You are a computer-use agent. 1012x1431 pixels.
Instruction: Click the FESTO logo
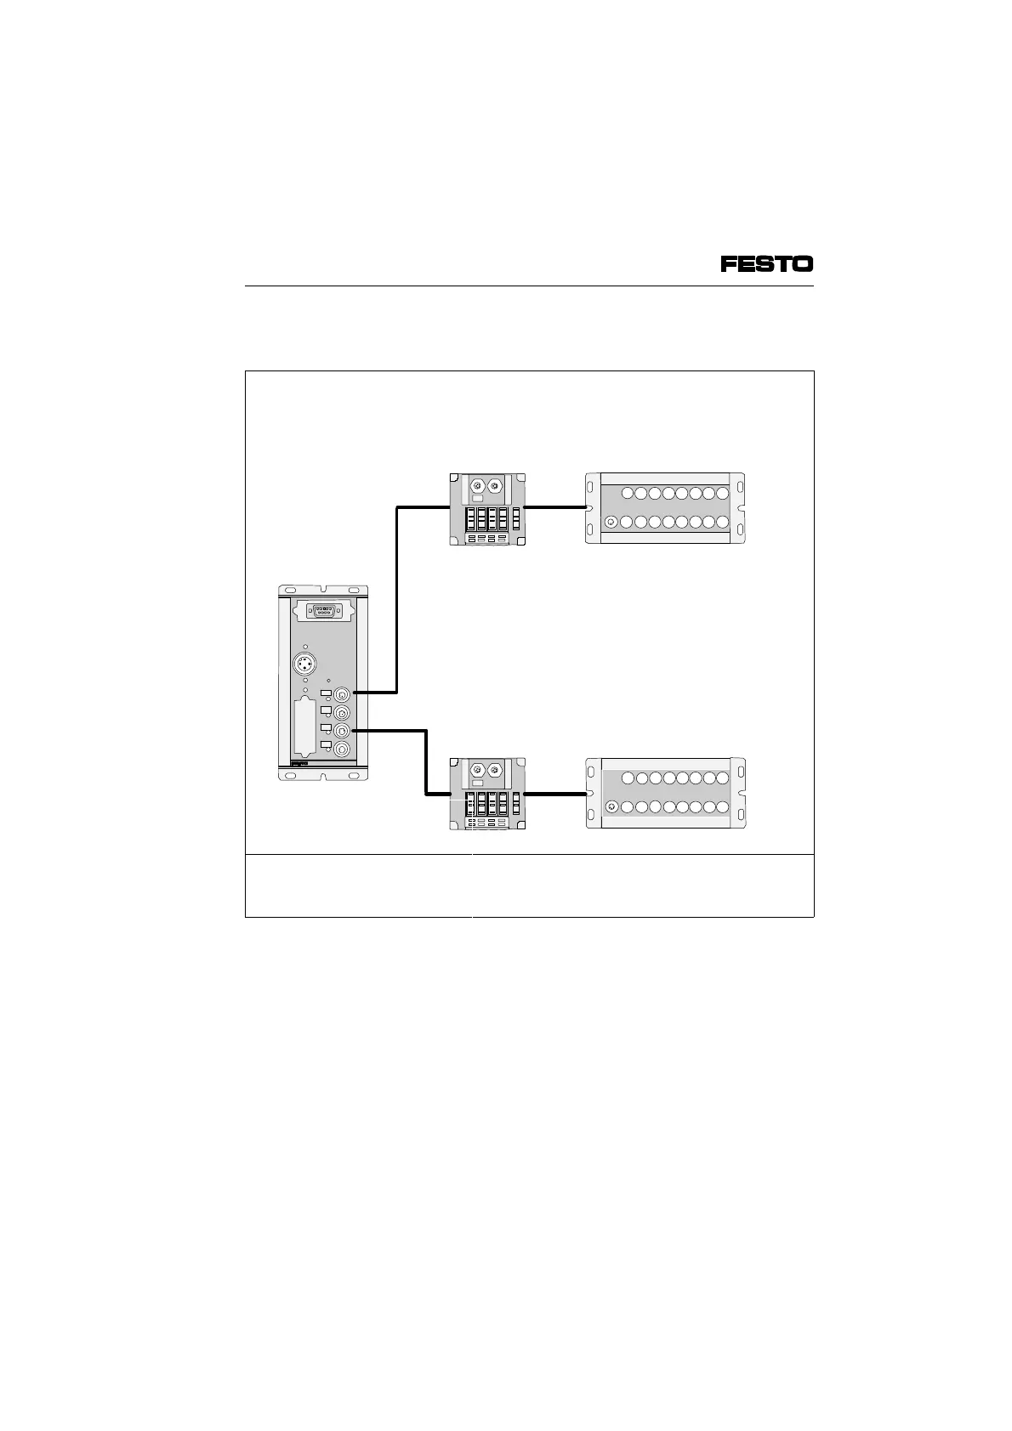click(767, 264)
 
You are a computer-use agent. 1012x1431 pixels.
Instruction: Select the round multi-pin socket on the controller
click(304, 664)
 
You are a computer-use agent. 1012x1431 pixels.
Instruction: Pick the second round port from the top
click(342, 713)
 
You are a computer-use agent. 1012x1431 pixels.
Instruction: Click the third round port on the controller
click(342, 731)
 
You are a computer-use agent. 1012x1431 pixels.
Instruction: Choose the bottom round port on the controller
click(342, 749)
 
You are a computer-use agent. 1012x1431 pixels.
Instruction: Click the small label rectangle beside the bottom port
click(326, 745)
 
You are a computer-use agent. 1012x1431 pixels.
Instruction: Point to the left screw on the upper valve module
click(477, 485)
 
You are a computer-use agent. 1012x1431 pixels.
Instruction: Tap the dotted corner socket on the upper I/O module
click(610, 522)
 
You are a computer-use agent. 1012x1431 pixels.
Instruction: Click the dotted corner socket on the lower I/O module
click(610, 806)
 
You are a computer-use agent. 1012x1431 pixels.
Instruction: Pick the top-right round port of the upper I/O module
click(723, 493)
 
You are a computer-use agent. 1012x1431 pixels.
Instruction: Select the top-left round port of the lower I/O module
click(628, 778)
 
